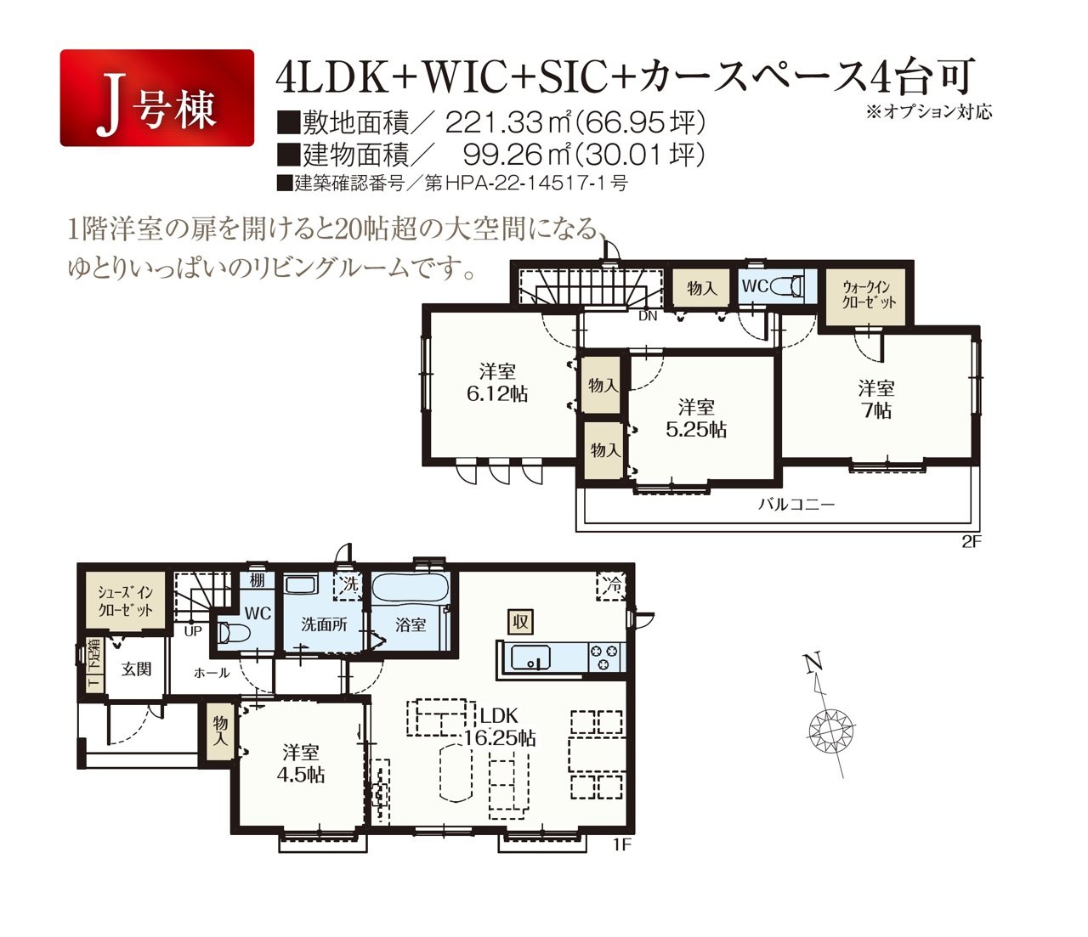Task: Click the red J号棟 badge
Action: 157,98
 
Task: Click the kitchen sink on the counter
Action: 530,658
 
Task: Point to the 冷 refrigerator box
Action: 611,586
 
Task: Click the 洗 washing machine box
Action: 348,585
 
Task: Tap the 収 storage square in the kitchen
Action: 520,621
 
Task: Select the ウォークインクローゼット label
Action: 866,295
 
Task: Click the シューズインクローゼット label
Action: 125,601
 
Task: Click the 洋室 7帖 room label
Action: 875,399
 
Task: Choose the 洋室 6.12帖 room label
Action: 497,382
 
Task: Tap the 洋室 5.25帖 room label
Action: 696,418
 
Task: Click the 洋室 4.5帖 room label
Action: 301,764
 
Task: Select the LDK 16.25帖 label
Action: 499,726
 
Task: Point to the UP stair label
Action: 193,631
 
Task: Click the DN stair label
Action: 648,316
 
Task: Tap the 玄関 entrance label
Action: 136,669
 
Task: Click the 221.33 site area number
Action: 493,123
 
